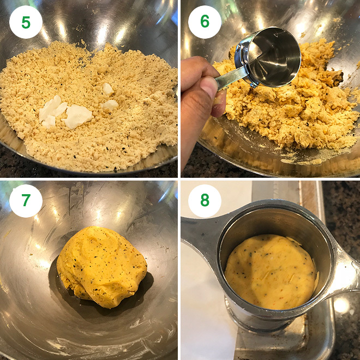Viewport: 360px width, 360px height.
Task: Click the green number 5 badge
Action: coord(26,22)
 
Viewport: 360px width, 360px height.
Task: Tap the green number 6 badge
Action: coord(205,22)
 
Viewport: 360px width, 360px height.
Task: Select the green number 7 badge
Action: coord(26,201)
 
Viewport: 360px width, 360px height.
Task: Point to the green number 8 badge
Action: coord(205,201)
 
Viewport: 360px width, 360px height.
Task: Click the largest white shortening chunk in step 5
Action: coord(77,116)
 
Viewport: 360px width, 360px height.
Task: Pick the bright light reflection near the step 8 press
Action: coord(341,305)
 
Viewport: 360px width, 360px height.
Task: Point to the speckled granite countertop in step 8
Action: coord(342,207)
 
